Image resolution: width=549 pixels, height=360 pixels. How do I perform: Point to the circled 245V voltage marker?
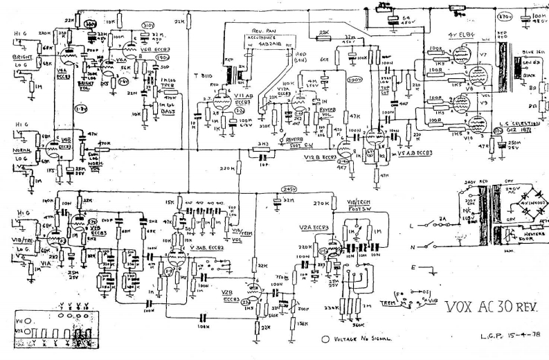pyautogui.click(x=288, y=189)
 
